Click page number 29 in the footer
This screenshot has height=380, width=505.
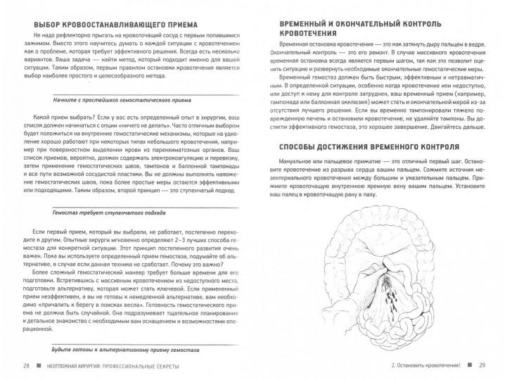[482, 366]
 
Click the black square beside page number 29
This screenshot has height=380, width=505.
[468, 366]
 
